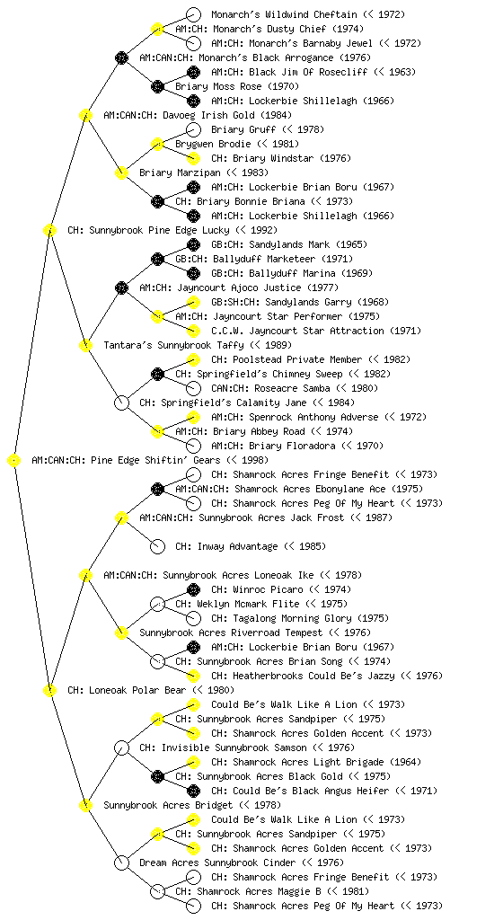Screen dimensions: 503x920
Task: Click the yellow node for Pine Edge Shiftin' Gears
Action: [13, 461]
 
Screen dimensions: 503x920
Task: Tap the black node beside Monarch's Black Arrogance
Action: [121, 57]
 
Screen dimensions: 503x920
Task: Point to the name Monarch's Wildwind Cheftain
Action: [285, 14]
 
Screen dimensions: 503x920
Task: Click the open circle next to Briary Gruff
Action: [193, 129]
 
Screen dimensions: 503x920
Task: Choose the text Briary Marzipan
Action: [180, 172]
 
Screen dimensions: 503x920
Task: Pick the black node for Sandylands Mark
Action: [193, 244]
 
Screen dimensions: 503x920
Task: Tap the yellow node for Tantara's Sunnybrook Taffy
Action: [85, 345]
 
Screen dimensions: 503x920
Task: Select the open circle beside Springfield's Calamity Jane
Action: [121, 402]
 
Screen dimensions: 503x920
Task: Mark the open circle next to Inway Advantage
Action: [157, 546]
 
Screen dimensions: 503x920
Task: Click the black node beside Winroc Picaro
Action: [193, 589]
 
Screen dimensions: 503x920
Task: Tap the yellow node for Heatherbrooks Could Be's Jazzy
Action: [193, 676]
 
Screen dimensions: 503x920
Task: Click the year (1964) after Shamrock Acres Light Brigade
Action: [404, 762]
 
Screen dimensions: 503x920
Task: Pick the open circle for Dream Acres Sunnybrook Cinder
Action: [121, 862]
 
